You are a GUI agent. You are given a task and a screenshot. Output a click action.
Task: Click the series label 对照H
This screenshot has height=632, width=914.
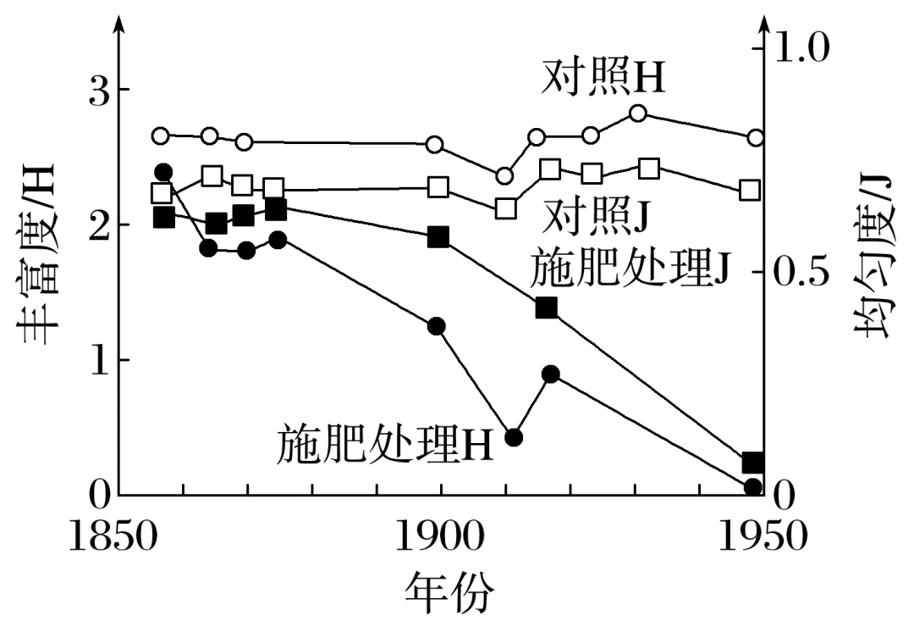[603, 80]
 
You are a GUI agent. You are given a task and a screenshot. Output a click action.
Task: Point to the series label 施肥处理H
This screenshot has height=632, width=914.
[385, 443]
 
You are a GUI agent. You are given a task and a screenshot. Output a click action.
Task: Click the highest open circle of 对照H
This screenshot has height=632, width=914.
[639, 114]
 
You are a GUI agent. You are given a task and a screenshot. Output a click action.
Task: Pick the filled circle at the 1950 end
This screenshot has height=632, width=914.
[753, 486]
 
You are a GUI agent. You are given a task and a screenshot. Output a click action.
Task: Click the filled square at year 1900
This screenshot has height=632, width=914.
[438, 236]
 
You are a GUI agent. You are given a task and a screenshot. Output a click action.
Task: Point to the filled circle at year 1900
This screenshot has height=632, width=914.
[437, 326]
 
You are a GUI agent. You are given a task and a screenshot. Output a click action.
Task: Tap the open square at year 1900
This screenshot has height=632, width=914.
[438, 187]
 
